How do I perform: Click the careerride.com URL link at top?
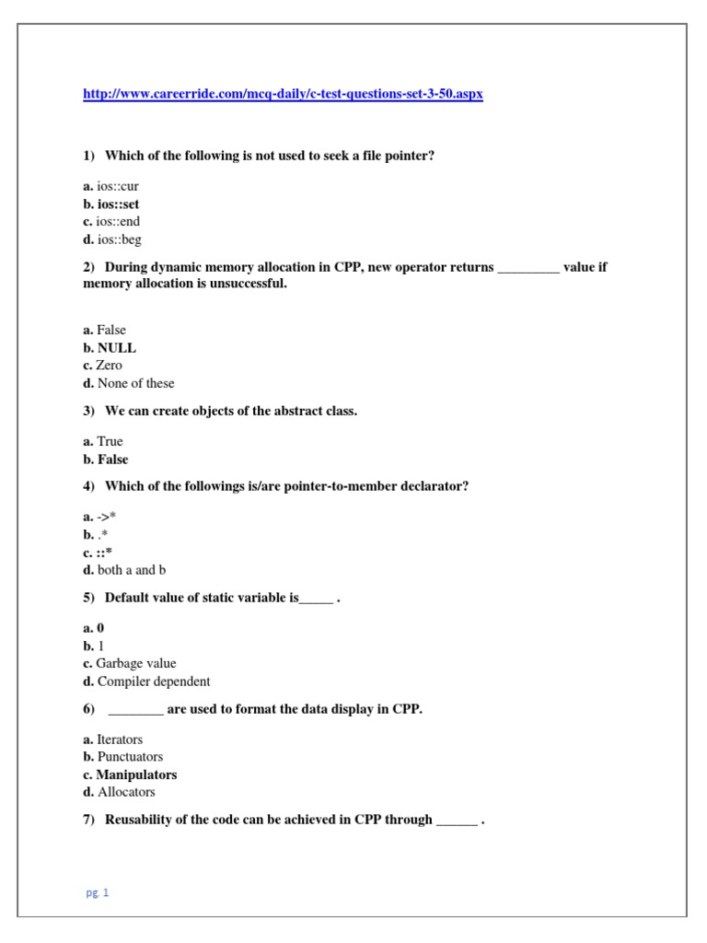pos(283,95)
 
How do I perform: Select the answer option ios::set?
pos(118,204)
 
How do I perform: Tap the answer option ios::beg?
pos(118,239)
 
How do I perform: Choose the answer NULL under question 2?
pos(116,348)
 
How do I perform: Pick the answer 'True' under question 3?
pos(110,441)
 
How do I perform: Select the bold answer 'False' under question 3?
pos(112,460)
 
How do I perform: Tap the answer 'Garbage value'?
pos(135,663)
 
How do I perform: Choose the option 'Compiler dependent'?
pos(153,681)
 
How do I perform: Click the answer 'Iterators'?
pos(120,739)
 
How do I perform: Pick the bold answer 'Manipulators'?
pos(136,774)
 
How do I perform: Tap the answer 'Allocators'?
pos(126,792)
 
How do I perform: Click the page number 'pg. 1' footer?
pos(97,892)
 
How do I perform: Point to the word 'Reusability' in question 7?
pos(140,820)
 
